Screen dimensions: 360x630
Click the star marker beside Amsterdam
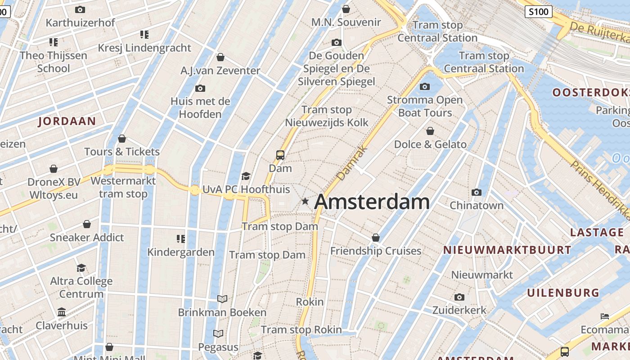coord(305,201)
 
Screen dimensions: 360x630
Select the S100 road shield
coord(538,12)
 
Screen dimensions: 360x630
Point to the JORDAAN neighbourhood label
coord(67,121)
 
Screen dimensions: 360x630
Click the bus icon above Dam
coord(280,155)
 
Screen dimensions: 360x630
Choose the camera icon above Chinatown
coord(477,193)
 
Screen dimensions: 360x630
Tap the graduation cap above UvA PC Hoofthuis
coord(246,176)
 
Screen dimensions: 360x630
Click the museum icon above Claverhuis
coord(62,312)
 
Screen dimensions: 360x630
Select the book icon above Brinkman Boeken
coord(222,299)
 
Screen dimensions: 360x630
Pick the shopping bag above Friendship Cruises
coord(376,238)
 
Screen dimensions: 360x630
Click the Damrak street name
coord(351,163)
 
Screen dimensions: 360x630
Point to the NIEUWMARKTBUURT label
coord(507,250)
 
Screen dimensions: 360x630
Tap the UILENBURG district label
coord(563,293)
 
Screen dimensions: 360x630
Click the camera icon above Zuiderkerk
coord(459,297)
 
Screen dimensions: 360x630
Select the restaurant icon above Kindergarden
coord(181,238)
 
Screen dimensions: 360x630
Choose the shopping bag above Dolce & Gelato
coord(430,131)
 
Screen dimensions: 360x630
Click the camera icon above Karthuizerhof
coord(80,9)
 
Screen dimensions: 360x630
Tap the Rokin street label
coord(310,301)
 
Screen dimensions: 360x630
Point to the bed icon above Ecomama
coord(605,316)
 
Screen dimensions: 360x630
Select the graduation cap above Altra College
coord(81,268)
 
